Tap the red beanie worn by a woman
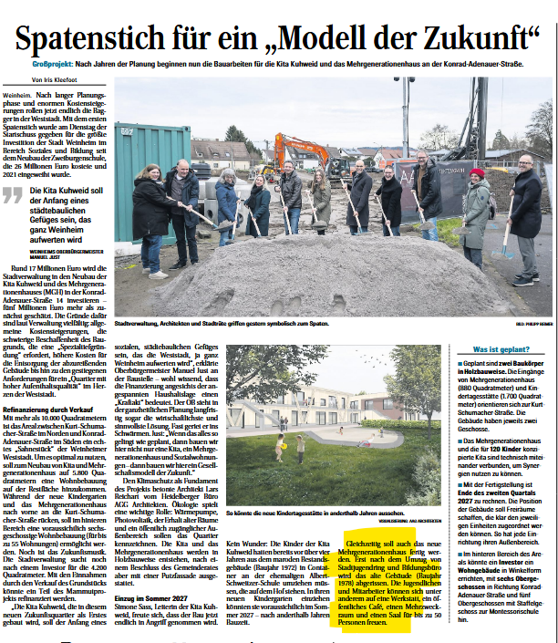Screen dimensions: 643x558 [x=477, y=171]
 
